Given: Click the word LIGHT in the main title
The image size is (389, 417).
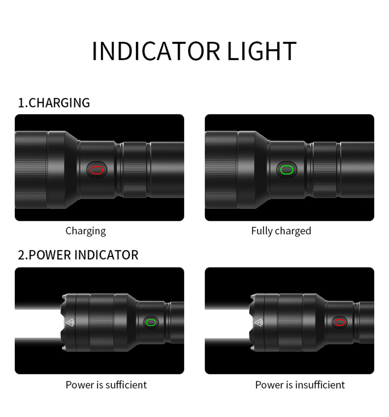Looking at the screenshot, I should click(x=262, y=51).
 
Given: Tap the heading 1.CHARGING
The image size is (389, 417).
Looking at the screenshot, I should click(x=54, y=103).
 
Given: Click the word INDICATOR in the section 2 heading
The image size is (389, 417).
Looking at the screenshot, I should click(x=106, y=255).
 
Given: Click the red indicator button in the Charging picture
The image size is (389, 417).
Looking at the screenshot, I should click(x=97, y=170).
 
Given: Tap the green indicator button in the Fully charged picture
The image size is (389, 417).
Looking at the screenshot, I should click(x=287, y=170).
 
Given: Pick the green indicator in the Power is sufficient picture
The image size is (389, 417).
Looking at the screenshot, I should click(x=151, y=322).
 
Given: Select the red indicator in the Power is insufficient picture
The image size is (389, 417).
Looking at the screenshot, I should click(x=340, y=322).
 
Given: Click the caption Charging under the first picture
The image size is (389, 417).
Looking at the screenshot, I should click(x=86, y=231).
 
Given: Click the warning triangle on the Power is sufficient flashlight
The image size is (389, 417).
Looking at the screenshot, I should click(x=69, y=322).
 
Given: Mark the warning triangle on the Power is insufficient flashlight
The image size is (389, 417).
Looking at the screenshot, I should click(x=258, y=322).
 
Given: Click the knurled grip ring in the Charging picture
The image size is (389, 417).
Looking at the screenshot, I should click(x=135, y=170).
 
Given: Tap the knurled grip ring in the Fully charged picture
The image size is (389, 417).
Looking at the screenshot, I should click(x=325, y=170).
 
